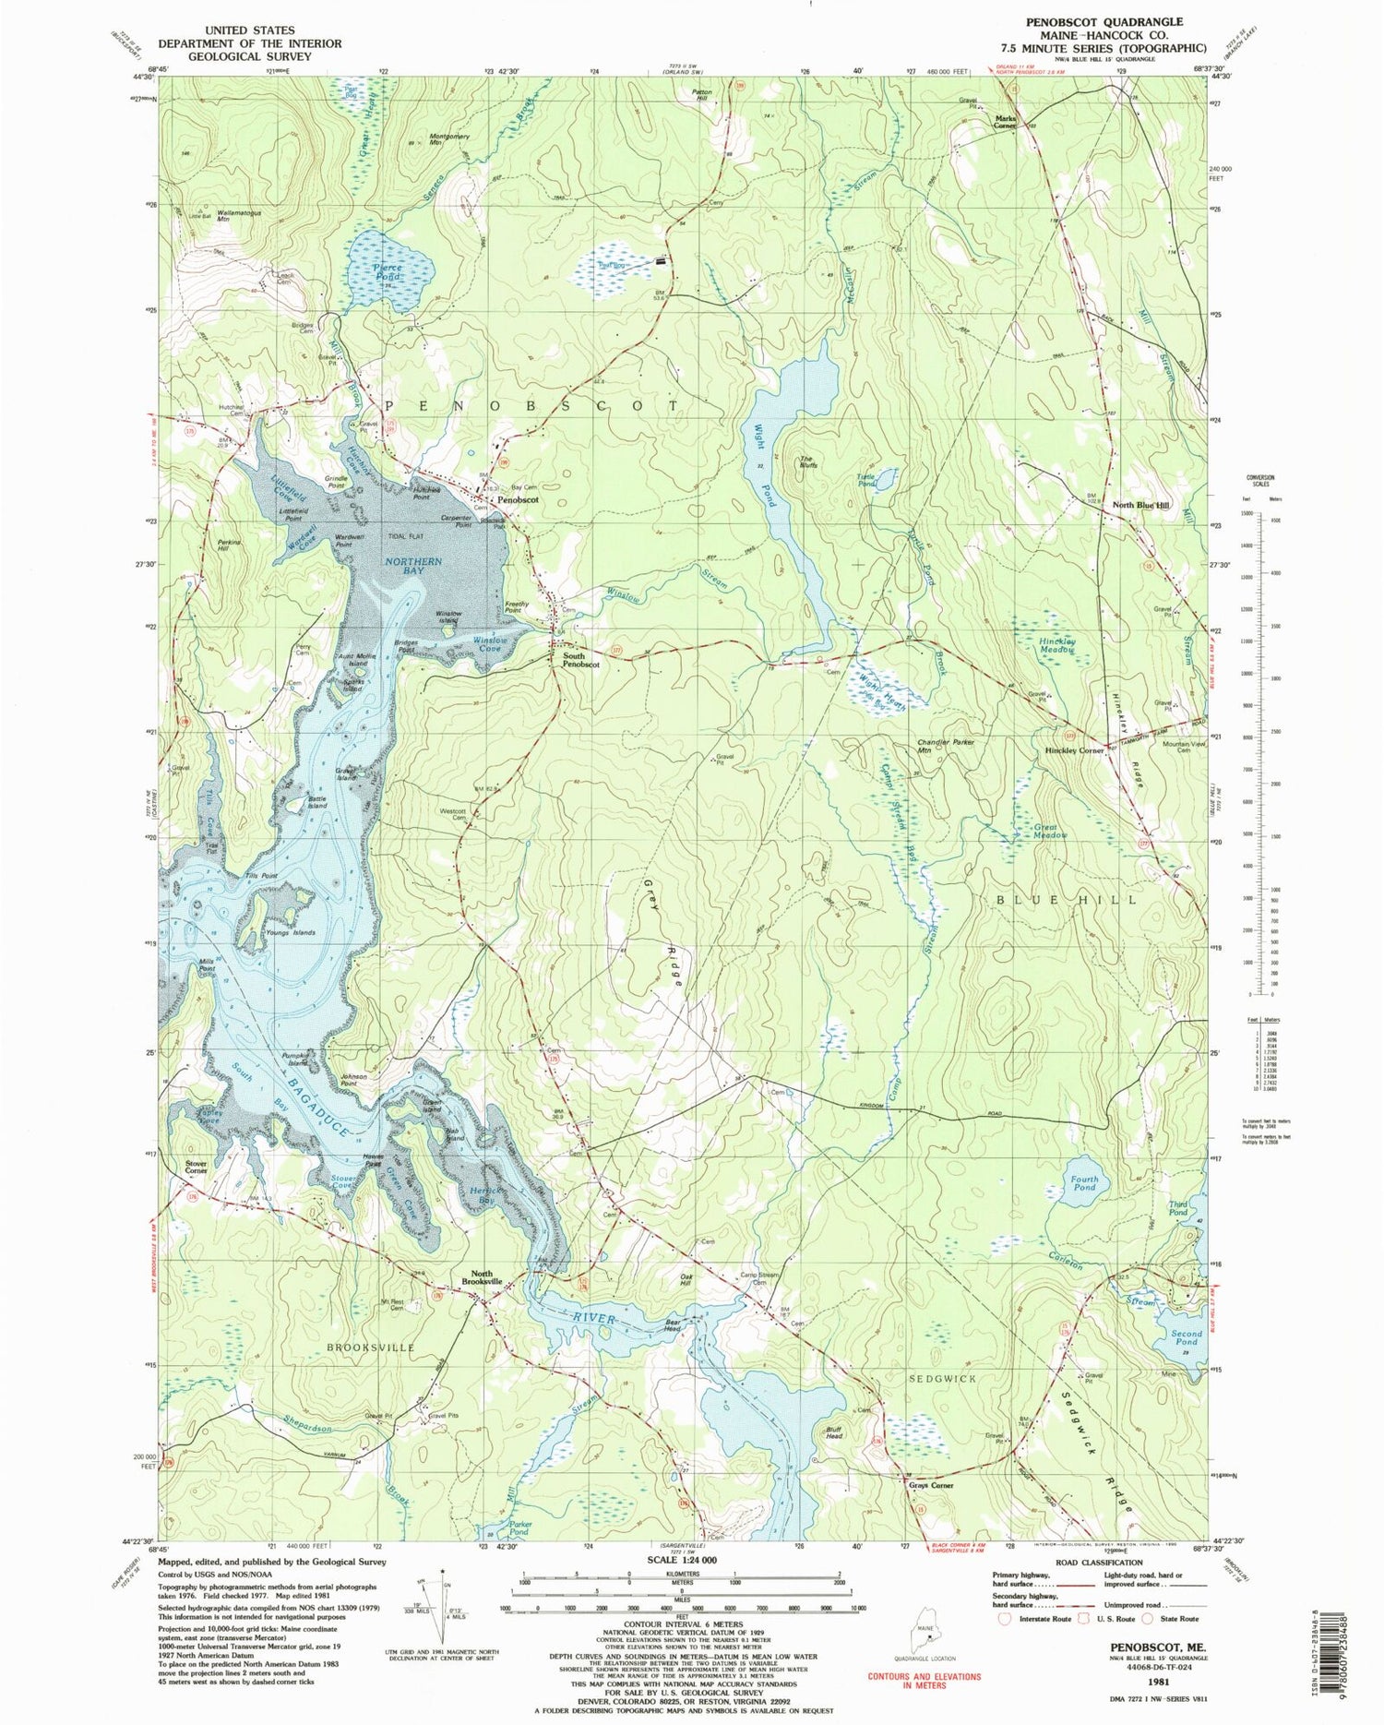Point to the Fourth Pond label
click(1084, 1182)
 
